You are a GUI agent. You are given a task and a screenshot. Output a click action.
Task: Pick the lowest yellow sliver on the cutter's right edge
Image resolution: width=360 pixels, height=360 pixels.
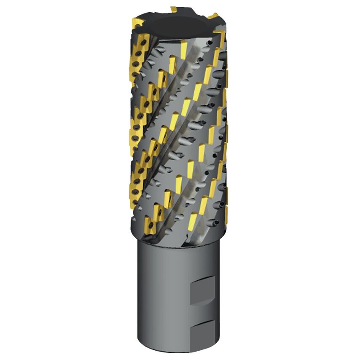pyautogui.click(x=226, y=211)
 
